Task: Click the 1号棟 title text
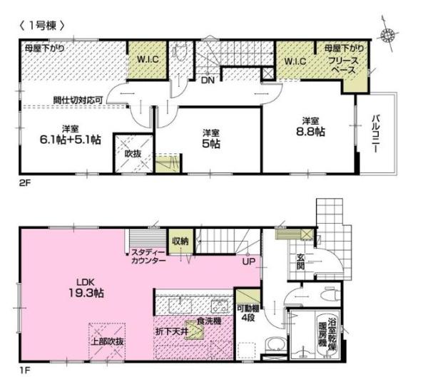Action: [42, 26]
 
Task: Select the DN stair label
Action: [208, 81]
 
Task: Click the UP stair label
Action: [249, 262]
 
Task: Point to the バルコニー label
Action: [377, 134]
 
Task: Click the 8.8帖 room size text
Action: [310, 132]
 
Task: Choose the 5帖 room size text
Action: [211, 143]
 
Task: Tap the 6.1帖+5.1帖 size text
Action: [71, 140]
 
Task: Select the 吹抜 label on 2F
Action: [133, 154]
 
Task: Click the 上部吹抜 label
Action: [107, 341]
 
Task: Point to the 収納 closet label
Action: [180, 241]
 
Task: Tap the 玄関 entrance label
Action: [300, 262]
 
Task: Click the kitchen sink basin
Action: [180, 305]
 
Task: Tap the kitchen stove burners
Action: [220, 306]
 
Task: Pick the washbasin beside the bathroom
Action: [275, 344]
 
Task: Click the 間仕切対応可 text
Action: [78, 100]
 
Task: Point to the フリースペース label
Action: [343, 66]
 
